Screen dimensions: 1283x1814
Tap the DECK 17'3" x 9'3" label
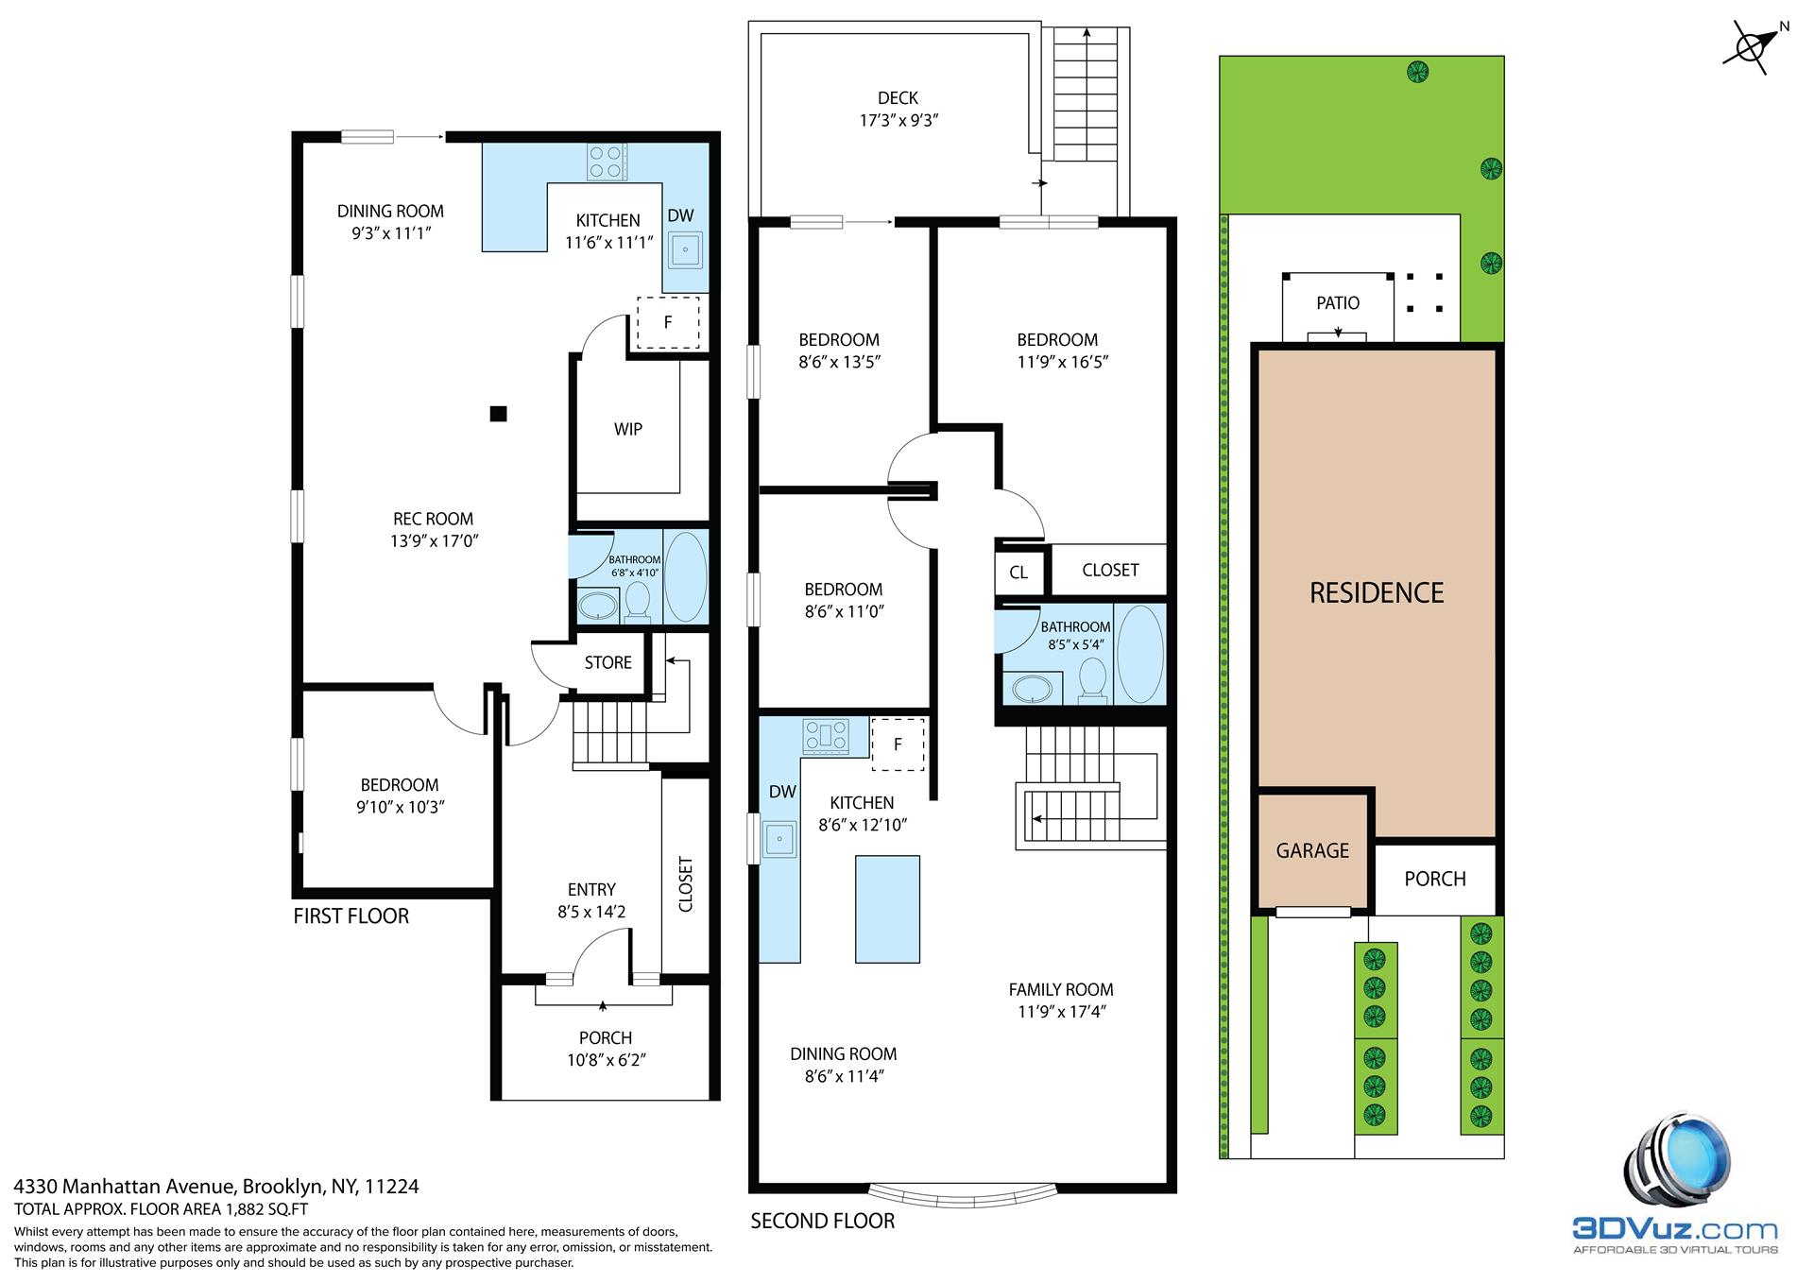897,109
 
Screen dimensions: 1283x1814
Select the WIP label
627,429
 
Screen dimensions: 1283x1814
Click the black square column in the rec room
498,413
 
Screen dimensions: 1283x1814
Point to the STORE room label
608,662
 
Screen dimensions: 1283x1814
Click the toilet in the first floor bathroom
638,601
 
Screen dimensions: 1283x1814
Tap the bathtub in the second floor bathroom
1139,654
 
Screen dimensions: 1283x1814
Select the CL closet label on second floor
1018,572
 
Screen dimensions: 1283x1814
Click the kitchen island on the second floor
887,908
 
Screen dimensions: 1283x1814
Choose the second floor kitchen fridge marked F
898,744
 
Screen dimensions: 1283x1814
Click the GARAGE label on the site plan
1311,850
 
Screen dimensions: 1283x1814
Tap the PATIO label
1338,302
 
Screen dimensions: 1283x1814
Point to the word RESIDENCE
1376,592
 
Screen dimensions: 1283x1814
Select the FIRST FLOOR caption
351,915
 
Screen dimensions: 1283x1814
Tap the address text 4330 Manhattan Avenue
216,1186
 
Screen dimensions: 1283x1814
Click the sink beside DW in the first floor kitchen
684,251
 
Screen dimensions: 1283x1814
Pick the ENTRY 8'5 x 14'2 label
591,900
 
